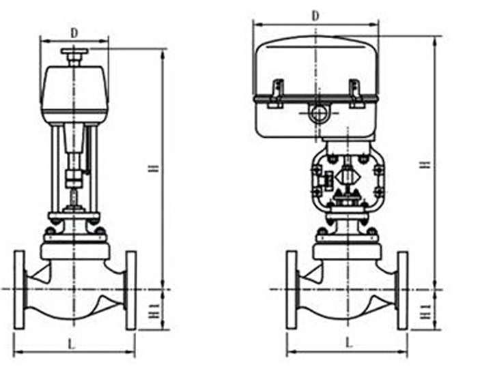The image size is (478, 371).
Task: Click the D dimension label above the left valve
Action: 74,33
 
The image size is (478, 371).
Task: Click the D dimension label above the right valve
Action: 315,16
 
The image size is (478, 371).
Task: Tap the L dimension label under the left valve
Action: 71,344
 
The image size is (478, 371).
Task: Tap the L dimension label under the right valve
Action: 350,343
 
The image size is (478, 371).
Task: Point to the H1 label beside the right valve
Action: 425,312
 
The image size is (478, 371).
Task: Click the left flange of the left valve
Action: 20,290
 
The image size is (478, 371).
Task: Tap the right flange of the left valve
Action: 131,291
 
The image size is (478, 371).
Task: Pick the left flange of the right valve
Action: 292,290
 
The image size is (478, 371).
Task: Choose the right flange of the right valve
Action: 403,291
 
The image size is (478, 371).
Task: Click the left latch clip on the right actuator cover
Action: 277,93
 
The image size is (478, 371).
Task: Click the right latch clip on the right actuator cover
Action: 356,93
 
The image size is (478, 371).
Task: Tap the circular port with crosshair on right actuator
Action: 319,113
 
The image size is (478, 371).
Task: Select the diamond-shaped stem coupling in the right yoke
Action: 348,177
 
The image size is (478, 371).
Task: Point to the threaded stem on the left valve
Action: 74,197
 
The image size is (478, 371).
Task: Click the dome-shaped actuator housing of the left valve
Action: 74,93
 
